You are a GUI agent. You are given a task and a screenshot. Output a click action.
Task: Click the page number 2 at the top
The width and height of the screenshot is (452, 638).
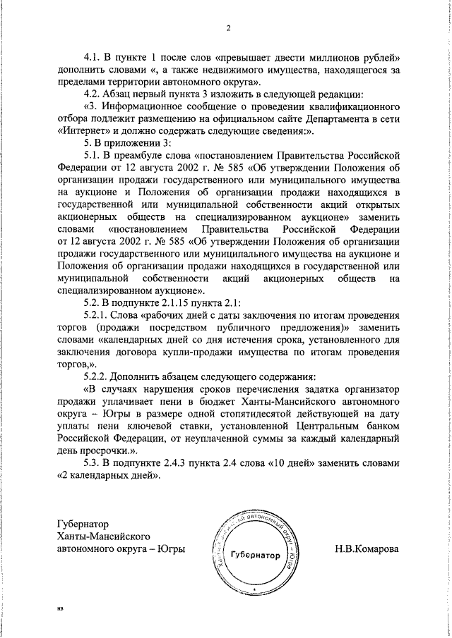(229, 29)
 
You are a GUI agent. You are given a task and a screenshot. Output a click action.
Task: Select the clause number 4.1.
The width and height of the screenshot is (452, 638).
(93, 56)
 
